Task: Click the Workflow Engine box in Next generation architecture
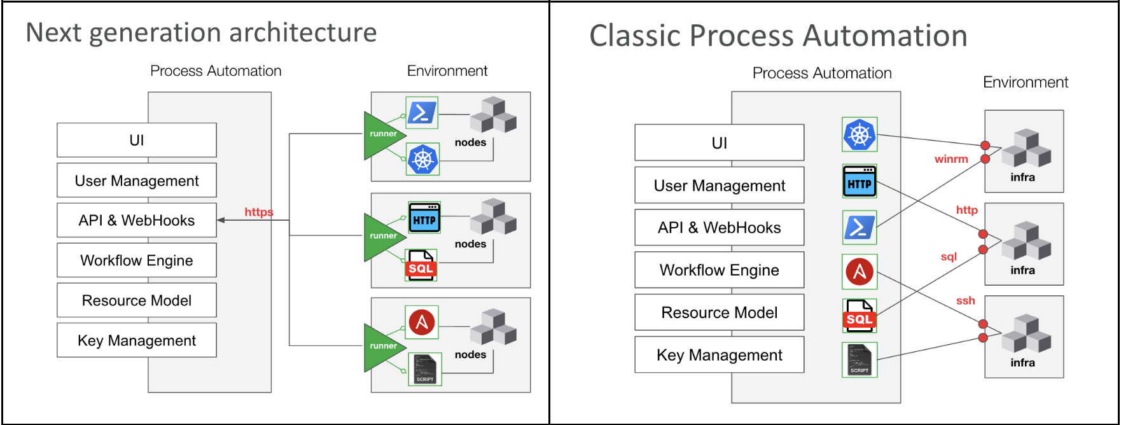click(x=137, y=260)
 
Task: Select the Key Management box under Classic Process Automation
click(x=720, y=355)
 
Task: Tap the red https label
click(x=259, y=212)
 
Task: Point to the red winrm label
click(x=951, y=159)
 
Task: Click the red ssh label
click(x=965, y=300)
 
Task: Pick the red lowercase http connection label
click(x=966, y=210)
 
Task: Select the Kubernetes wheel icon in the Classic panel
click(x=860, y=134)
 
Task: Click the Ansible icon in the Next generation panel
click(x=422, y=323)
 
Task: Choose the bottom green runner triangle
click(x=384, y=348)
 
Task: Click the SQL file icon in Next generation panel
click(x=421, y=265)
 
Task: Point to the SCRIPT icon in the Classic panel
click(x=860, y=359)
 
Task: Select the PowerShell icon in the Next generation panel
click(x=421, y=113)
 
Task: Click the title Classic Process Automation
click(x=778, y=36)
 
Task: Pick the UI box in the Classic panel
click(x=720, y=143)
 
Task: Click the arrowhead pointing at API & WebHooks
click(x=221, y=220)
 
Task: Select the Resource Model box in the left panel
click(x=137, y=300)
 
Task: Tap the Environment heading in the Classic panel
click(x=1026, y=82)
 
